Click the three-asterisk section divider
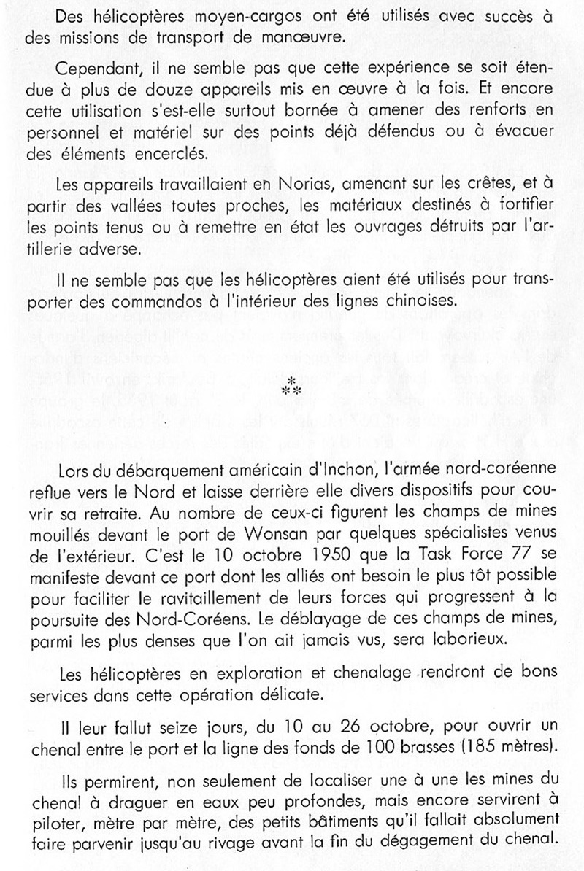(x=291, y=387)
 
